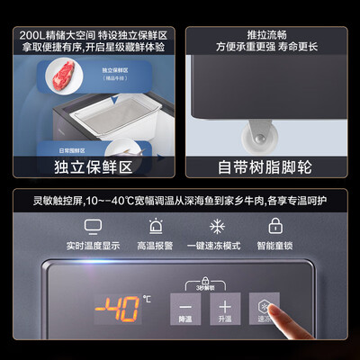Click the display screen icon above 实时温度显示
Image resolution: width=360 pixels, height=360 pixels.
click(x=93, y=227)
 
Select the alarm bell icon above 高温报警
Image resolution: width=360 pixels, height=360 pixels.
click(x=156, y=227)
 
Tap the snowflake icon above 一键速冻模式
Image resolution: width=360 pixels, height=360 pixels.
click(x=216, y=227)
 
